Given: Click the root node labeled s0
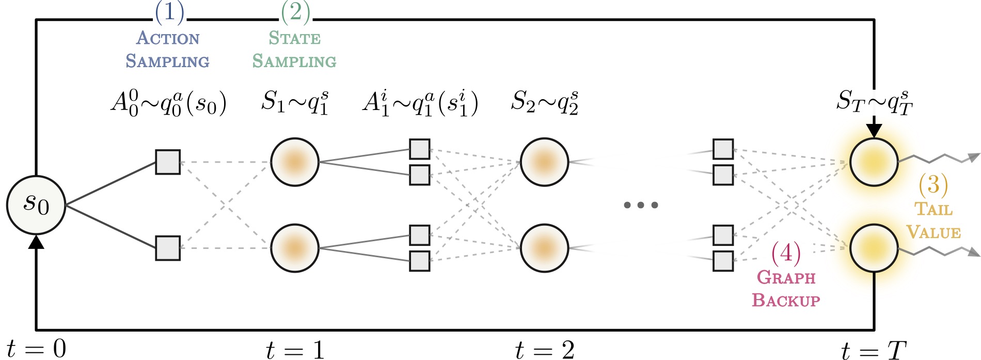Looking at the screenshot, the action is pos(36,205).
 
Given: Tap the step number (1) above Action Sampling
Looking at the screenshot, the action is pos(169,12).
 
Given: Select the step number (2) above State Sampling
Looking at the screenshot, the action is pos(295,12).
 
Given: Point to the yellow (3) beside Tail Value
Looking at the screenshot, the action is pos(933,184).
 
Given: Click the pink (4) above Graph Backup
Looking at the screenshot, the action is pos(786,253).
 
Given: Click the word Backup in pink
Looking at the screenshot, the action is pos(786,300).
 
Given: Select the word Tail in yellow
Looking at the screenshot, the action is pos(933,209).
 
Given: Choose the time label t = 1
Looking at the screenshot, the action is pos(295,350).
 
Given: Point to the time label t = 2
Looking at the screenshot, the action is pos(545,350).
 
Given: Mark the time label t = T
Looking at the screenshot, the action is pos(874,351).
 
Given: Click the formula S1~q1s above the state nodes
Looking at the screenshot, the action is pos(295,102).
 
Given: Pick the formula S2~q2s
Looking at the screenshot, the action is pos(545,102).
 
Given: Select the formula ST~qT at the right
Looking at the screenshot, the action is pos(875,102).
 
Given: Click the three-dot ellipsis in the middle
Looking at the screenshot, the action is pos(641,205).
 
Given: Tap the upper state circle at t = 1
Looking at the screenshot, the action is pos(295,162).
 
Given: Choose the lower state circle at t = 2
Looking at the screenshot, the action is pos(545,248).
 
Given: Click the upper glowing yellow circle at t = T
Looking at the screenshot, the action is pos(874,162).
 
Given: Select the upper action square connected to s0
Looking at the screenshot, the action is pos(168,162).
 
